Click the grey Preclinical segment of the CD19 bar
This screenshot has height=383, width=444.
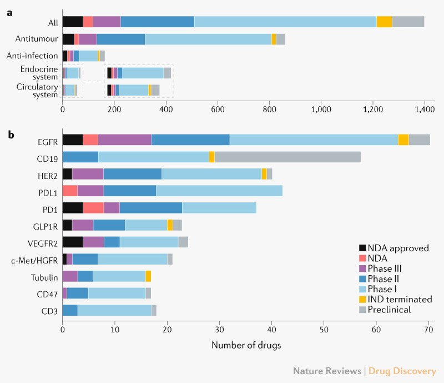(287, 157)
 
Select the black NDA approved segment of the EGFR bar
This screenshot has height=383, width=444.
(72, 140)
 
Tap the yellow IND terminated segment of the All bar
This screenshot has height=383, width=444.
(384, 22)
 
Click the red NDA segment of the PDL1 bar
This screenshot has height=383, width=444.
(70, 191)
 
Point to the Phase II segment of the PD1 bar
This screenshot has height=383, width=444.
(150, 208)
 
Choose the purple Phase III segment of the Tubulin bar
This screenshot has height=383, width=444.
(70, 276)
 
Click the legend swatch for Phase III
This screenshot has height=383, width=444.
(363, 268)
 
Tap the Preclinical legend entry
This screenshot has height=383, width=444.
(391, 310)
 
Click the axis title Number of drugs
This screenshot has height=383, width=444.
(246, 345)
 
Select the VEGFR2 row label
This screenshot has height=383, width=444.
(42, 242)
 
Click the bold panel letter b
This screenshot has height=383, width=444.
(10, 134)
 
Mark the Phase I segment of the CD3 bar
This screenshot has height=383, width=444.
(114, 310)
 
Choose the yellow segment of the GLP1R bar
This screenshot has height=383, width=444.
(170, 225)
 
